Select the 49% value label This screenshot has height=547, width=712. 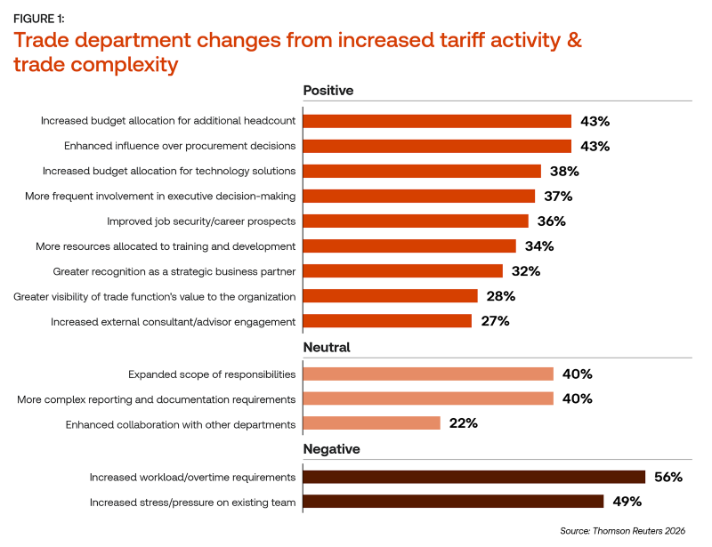coord(627,503)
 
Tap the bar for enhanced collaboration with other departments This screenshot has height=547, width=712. coord(372,423)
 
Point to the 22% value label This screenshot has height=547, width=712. coord(463,423)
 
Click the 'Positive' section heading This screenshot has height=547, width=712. coord(328,91)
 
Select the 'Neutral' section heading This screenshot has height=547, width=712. coord(327,348)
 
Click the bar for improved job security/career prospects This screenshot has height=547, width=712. coord(416,221)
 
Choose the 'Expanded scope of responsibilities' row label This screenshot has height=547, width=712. coord(212,374)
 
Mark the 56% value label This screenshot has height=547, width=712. coord(667,478)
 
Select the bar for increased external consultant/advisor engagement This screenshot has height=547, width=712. coord(387,321)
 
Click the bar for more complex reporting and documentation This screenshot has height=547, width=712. coord(428,398)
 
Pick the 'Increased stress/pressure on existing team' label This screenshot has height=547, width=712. coord(192,503)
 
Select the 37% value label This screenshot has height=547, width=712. coord(558,196)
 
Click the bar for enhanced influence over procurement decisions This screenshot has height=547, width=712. coord(437,146)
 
